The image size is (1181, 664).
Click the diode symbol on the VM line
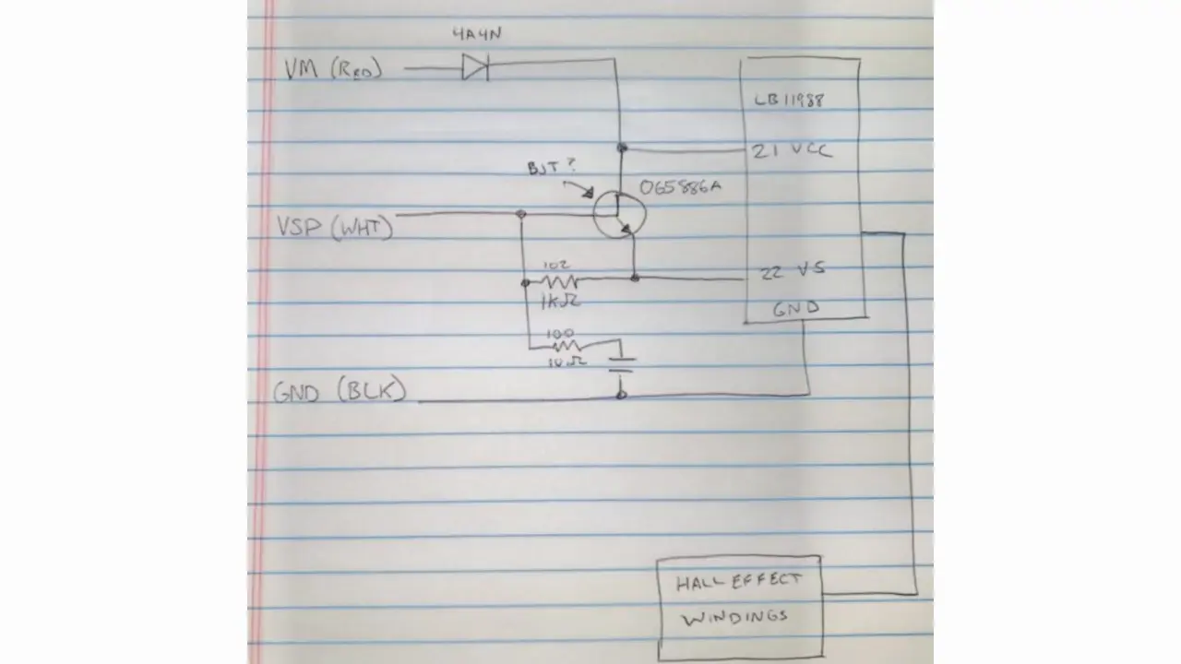pos(475,67)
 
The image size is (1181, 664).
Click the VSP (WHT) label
pos(334,225)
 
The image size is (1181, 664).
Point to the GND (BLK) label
pos(339,392)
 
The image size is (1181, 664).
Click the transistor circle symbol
pos(618,214)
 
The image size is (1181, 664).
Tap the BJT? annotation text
pos(551,168)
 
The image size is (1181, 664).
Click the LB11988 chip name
pos(789,101)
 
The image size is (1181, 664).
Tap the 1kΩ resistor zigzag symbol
pos(558,280)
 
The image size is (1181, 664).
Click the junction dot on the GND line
pos(621,395)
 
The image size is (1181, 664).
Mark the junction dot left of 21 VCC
pos(623,148)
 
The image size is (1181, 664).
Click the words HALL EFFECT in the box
pos(738,582)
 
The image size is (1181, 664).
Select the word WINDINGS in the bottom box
pos(735,617)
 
